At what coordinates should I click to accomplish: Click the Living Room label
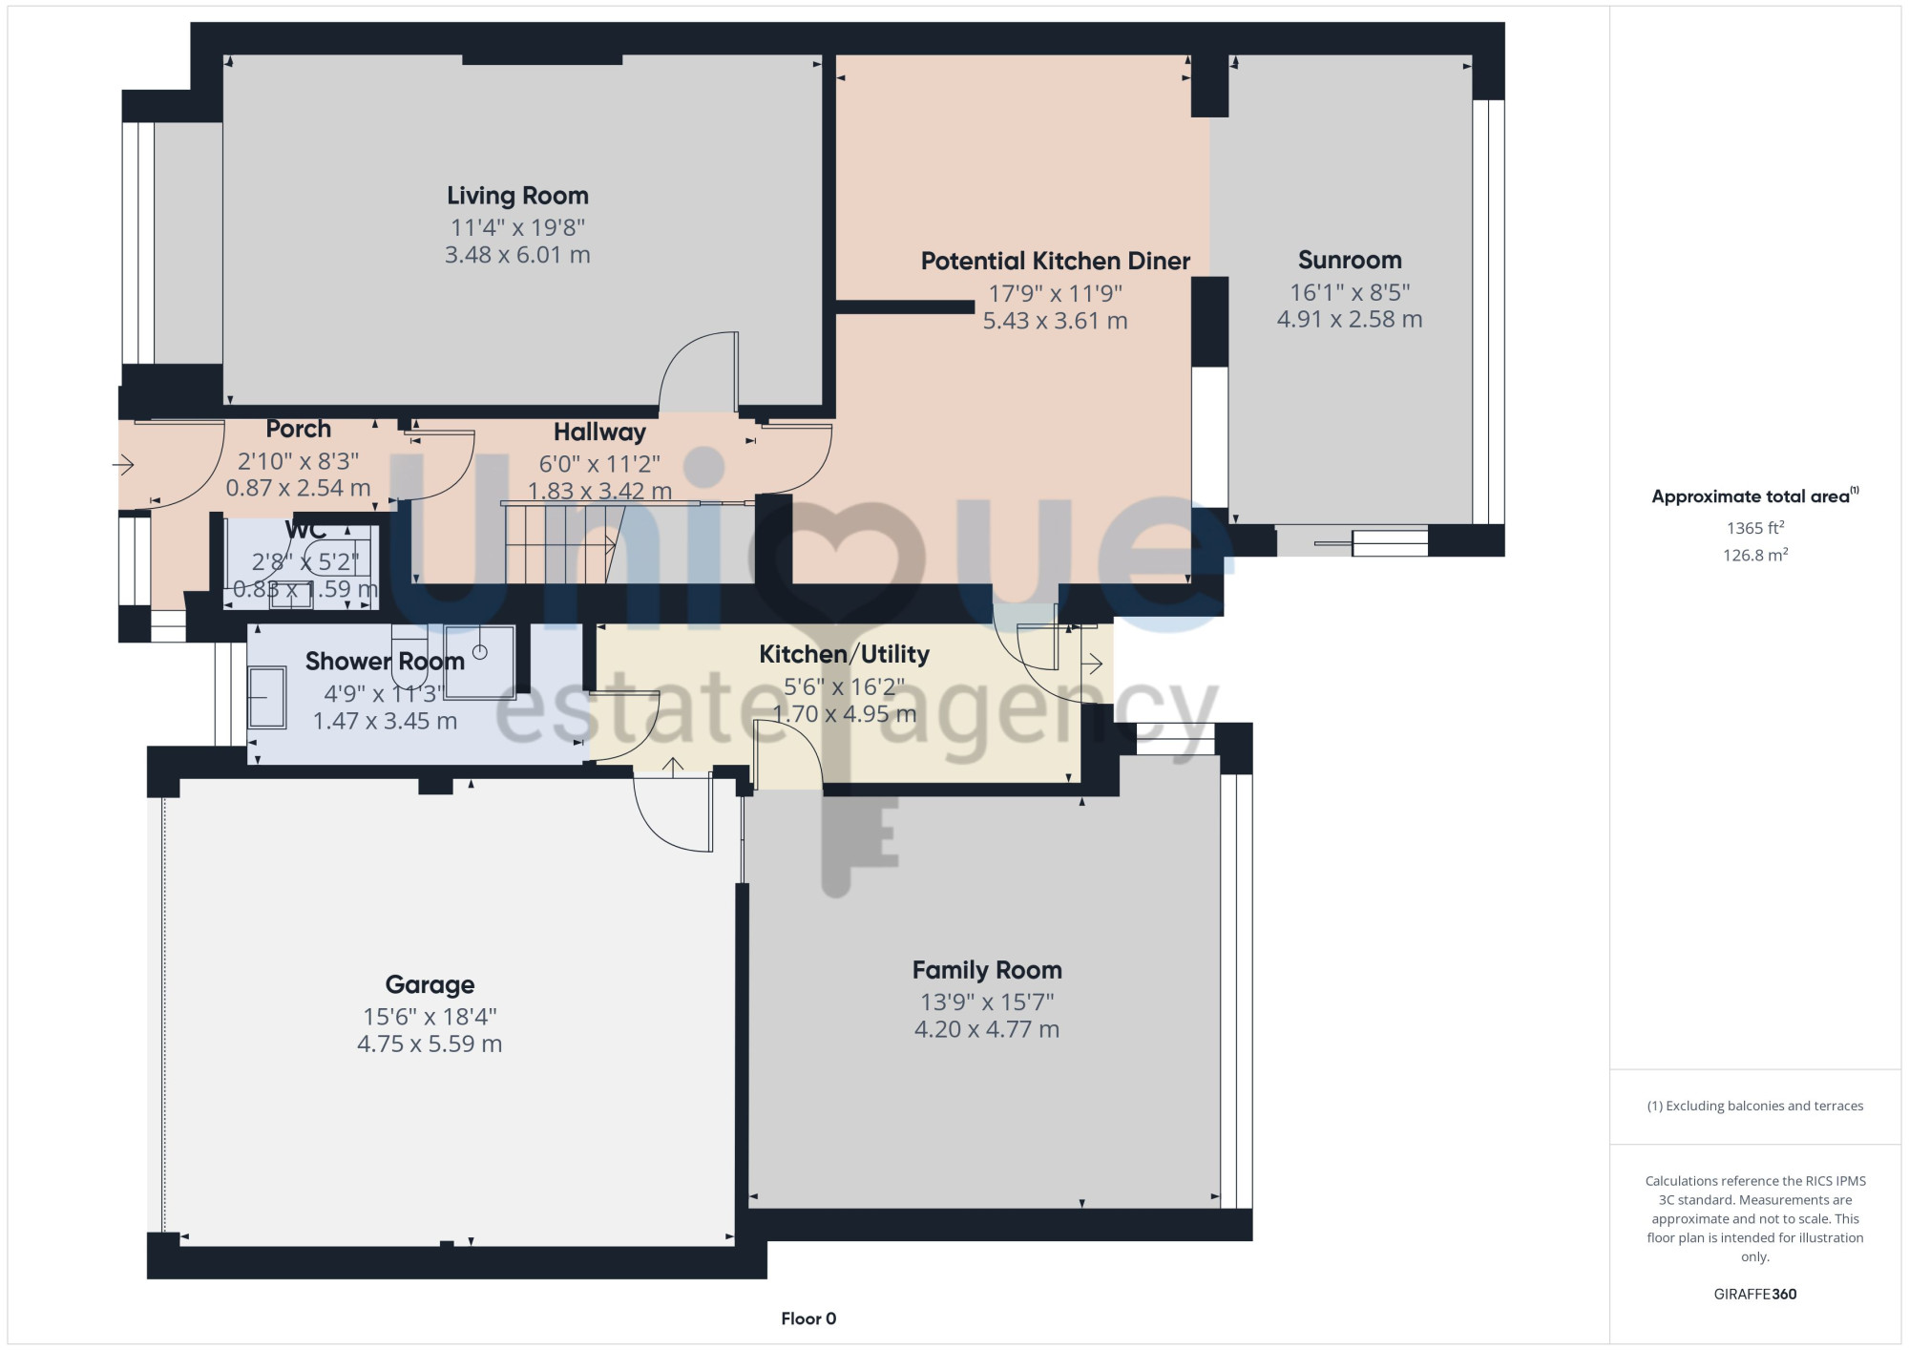pyautogui.click(x=517, y=196)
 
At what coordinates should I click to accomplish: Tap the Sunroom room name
pyautogui.click(x=1350, y=260)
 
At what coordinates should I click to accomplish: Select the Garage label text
pyautogui.click(x=430, y=984)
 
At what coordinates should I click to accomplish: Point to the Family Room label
pyautogui.click(x=987, y=970)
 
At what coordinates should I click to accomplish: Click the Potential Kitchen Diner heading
pyautogui.click(x=1055, y=261)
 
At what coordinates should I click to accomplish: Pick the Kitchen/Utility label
pyautogui.click(x=844, y=654)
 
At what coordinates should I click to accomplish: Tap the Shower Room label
pyautogui.click(x=385, y=661)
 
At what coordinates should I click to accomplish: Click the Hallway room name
pyautogui.click(x=599, y=432)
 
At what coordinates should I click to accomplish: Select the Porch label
pyautogui.click(x=299, y=429)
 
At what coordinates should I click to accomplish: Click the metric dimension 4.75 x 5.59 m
pyautogui.click(x=430, y=1044)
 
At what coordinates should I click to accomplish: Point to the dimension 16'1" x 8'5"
pyautogui.click(x=1350, y=292)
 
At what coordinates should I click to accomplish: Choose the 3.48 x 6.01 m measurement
pyautogui.click(x=517, y=255)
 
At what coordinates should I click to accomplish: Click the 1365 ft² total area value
pyautogui.click(x=1754, y=527)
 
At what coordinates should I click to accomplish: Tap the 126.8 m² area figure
pyautogui.click(x=1754, y=554)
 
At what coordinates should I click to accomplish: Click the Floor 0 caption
pyautogui.click(x=808, y=1318)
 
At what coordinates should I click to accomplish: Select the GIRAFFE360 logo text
pyautogui.click(x=1754, y=1295)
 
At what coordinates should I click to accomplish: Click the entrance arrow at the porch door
pyautogui.click(x=123, y=465)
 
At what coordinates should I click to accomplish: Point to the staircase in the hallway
pyautogui.click(x=563, y=543)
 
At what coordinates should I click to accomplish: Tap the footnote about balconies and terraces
pyautogui.click(x=1754, y=1106)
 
